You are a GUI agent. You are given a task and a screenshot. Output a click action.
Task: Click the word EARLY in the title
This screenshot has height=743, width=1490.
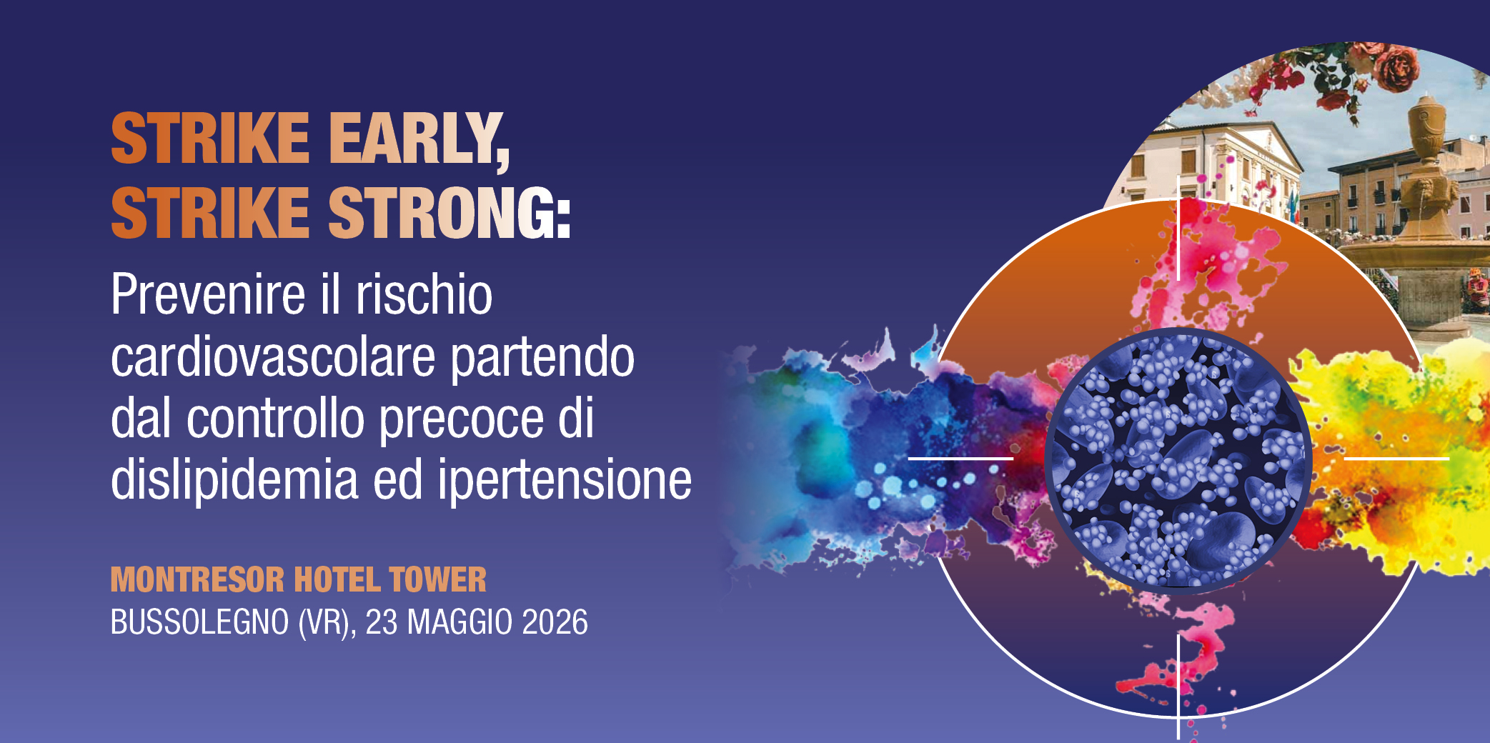[418, 139]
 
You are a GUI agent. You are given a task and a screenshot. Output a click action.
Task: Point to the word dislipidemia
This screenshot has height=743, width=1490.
[234, 479]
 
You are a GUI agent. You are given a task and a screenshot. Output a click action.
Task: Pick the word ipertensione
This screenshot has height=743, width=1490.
[565, 481]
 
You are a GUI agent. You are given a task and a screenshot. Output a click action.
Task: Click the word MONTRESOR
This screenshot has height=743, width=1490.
[197, 579]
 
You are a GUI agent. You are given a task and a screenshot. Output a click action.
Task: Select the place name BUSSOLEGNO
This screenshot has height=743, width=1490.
[199, 622]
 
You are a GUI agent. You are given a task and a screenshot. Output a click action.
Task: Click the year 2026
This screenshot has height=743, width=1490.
[555, 622]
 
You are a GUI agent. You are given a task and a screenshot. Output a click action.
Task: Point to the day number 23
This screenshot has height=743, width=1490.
[382, 622]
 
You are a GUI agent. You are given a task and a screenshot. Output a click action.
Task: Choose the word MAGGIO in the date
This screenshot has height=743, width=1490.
[460, 622]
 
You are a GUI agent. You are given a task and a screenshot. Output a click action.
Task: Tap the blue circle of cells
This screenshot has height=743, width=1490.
[1178, 459]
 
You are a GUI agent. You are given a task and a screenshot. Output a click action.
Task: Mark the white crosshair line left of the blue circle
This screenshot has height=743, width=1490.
[960, 458]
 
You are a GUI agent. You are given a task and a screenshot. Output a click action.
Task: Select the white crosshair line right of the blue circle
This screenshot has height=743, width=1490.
[1396, 458]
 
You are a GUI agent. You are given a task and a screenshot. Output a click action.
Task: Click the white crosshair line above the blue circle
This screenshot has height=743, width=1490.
[1178, 228]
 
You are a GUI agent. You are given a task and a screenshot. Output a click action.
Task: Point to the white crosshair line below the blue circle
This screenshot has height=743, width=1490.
[1178, 687]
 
